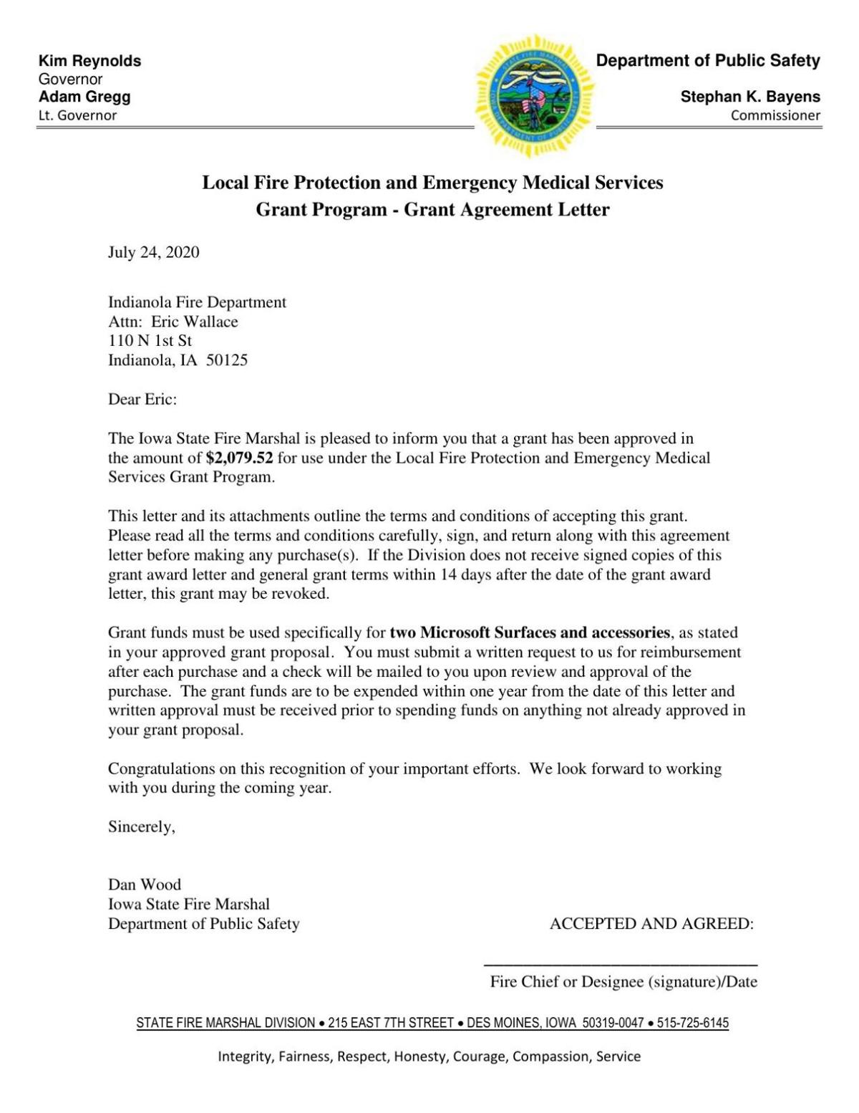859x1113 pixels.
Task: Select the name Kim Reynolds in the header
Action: (x=89, y=61)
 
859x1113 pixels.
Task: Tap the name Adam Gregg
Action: (x=84, y=97)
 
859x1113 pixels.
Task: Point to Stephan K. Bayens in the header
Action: (x=750, y=97)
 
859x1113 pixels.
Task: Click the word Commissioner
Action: (x=775, y=115)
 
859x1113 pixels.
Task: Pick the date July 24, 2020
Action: (x=153, y=252)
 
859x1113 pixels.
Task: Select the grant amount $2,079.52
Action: (x=239, y=458)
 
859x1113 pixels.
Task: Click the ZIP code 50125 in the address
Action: (x=227, y=360)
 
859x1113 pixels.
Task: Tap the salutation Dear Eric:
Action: (x=142, y=399)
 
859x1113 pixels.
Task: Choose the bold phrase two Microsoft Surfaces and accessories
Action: (x=530, y=632)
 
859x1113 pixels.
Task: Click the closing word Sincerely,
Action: (x=141, y=827)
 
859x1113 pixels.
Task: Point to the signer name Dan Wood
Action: (x=144, y=885)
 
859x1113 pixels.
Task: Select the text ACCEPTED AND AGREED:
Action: (x=651, y=924)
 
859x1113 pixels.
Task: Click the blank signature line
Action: (x=621, y=964)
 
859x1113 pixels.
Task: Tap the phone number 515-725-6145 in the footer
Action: (x=692, y=1023)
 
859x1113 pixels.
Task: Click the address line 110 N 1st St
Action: (x=150, y=341)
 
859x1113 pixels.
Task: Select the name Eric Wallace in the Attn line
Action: (x=194, y=322)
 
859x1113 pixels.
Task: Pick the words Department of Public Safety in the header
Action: (x=708, y=61)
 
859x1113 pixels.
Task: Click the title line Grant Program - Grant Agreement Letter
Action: (x=432, y=210)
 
